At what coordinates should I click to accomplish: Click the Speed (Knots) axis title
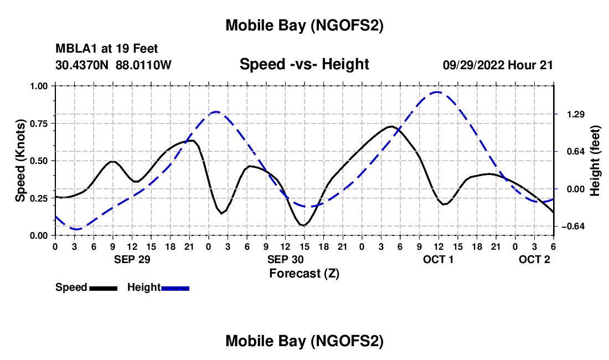(x=20, y=161)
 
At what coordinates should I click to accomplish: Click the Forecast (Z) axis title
(x=304, y=273)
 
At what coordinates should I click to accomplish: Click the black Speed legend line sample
(x=103, y=288)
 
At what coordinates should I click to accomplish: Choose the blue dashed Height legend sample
(x=176, y=288)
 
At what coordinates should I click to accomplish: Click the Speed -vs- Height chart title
(x=304, y=65)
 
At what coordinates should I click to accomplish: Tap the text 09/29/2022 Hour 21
(x=498, y=65)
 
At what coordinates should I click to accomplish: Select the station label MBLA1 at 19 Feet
(x=107, y=49)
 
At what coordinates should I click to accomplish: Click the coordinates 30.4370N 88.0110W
(x=113, y=65)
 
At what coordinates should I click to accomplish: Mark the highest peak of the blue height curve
(x=437, y=92)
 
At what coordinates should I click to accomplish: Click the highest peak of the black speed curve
(x=391, y=126)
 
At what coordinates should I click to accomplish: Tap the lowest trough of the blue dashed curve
(x=76, y=229)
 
